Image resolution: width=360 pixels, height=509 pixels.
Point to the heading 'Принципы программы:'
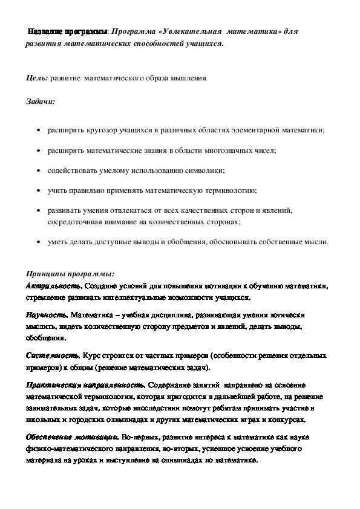tap(66, 273)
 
